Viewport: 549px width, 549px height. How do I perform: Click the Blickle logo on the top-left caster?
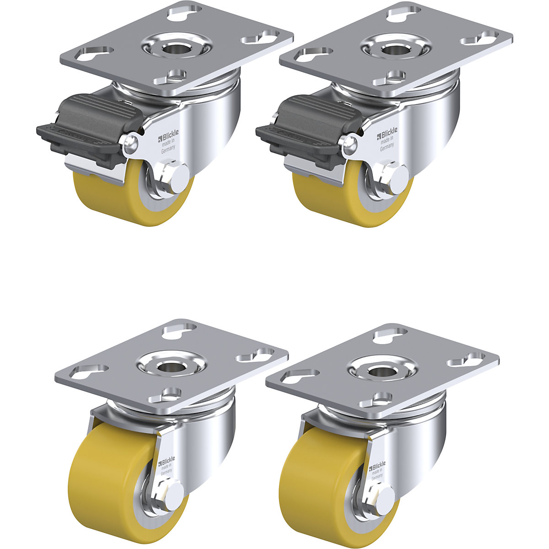pyautogui.click(x=169, y=134)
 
